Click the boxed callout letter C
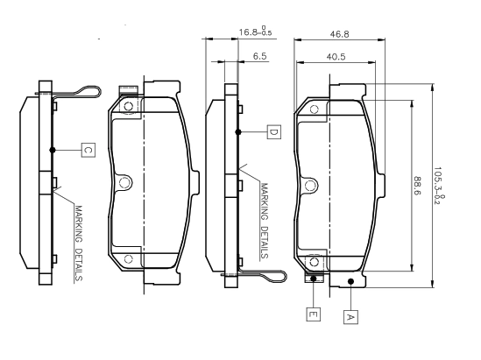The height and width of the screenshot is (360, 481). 88,151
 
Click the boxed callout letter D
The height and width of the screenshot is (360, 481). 273,132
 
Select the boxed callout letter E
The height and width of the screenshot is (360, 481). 313,314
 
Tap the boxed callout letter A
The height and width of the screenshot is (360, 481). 350,317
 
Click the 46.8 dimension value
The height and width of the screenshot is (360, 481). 340,34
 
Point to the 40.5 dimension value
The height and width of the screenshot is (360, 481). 336,57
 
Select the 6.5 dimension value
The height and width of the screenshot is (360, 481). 260,56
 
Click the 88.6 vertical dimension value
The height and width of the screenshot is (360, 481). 417,186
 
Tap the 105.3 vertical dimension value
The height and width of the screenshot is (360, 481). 439,186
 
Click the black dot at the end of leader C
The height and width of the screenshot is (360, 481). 53,150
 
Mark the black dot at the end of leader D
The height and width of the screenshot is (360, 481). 238,132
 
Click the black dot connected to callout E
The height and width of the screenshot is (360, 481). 314,279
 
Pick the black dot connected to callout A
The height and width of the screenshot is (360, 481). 351,281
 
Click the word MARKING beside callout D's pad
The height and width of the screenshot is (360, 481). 264,201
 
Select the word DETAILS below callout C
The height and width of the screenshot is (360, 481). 79,265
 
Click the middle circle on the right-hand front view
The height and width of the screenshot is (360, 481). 310,186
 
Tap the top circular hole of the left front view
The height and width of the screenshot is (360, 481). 128,107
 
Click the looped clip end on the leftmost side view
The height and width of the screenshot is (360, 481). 89,91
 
